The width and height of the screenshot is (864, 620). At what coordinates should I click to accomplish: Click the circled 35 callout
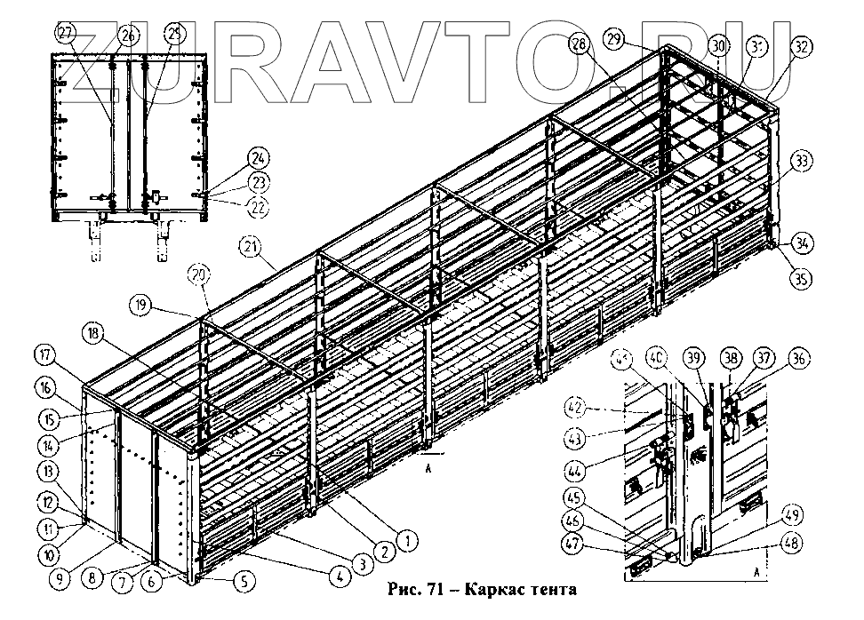(x=802, y=280)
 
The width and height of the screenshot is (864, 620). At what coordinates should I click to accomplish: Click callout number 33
(x=802, y=161)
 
